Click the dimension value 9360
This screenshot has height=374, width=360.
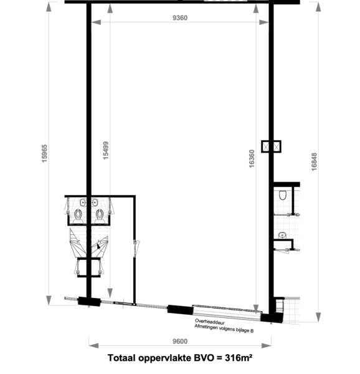tap(180, 18)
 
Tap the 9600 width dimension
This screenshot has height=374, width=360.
tap(180, 342)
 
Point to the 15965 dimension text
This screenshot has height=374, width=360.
tap(45, 153)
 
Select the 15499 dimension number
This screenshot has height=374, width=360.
tap(105, 150)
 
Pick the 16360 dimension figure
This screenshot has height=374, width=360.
tap(252, 159)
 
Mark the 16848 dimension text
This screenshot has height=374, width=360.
tap(315, 162)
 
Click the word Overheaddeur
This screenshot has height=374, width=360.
tap(210, 322)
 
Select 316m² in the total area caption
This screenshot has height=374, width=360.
tap(239, 358)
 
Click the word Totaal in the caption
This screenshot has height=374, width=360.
tap(121, 358)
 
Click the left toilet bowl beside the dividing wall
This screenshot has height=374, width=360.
tap(78, 214)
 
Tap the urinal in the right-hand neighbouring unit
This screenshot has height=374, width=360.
tap(283, 195)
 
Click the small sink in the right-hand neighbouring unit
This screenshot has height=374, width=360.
tap(282, 236)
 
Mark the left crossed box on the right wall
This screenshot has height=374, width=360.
tap(266, 146)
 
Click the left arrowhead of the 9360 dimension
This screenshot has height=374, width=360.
tap(96, 22)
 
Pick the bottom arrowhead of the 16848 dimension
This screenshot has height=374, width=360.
tap(318, 317)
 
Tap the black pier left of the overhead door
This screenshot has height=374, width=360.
tap(181, 309)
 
